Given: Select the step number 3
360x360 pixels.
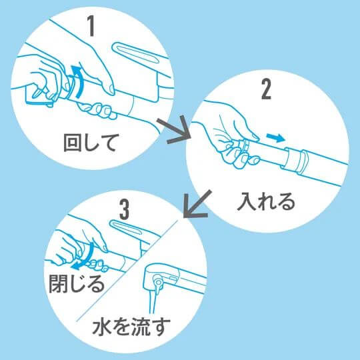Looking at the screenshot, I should tap(123, 209).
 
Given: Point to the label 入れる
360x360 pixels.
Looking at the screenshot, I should tap(266, 202).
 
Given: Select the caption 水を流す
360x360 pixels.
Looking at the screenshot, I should tap(131, 327).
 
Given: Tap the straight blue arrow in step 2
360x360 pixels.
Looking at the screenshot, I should tap(273, 137).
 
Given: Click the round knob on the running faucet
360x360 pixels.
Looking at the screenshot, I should tap(158, 283).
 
